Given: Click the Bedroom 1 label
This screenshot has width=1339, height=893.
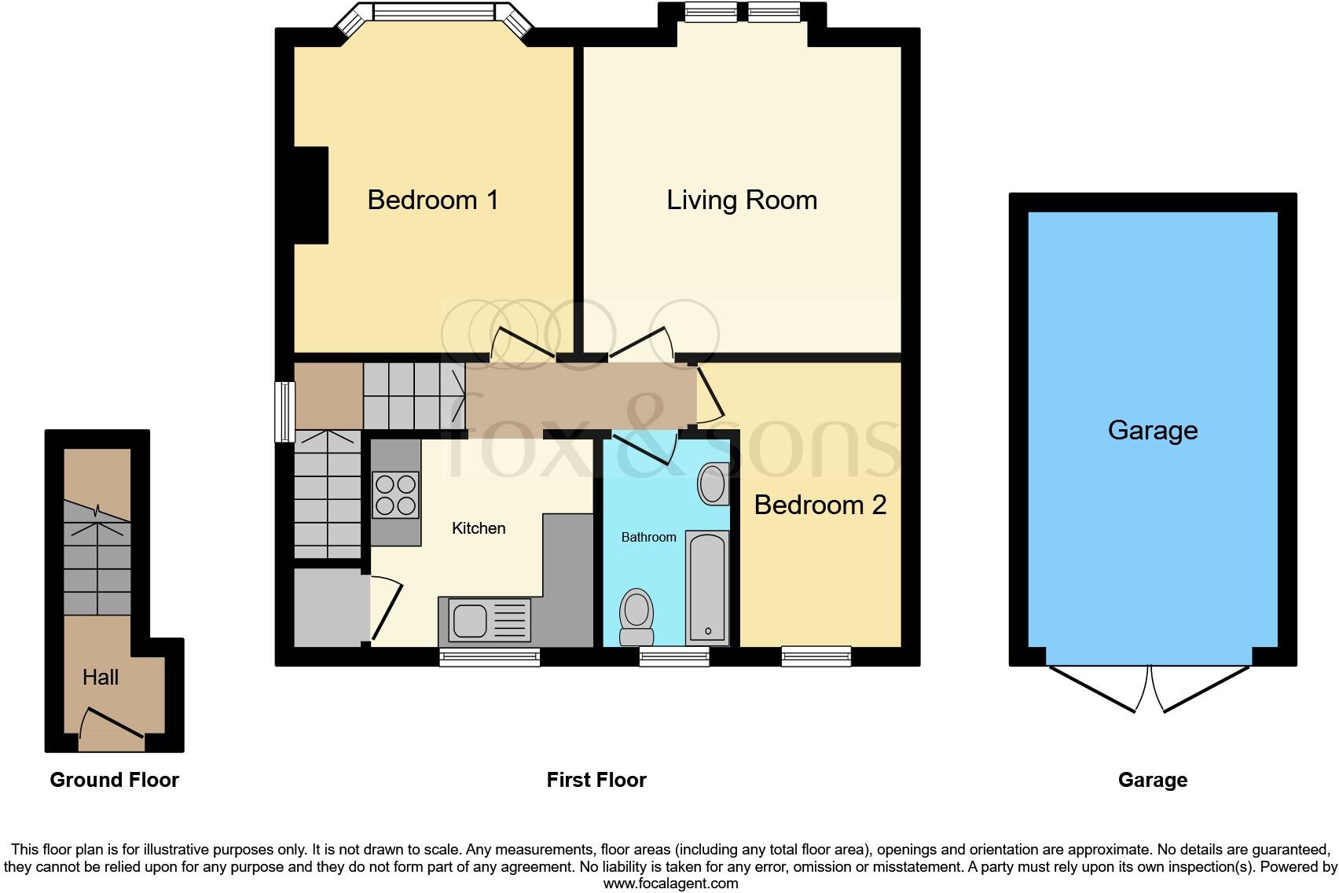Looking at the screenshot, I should click(433, 200).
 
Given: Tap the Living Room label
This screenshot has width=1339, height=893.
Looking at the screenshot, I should click(742, 200).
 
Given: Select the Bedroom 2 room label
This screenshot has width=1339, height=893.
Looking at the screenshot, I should click(820, 505).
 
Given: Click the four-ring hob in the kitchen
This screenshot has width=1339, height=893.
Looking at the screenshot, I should click(395, 494).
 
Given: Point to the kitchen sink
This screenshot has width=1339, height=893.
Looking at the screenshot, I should click(471, 619).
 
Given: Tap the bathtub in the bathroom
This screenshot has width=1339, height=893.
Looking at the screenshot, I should click(707, 586).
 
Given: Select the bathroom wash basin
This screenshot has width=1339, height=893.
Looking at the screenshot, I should click(713, 483).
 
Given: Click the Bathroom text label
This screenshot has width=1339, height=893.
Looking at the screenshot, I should click(648, 538).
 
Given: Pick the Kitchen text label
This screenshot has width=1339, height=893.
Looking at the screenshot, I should click(479, 528).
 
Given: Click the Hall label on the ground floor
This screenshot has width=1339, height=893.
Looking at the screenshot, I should click(101, 678).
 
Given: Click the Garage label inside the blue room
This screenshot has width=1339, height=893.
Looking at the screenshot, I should click(1153, 430).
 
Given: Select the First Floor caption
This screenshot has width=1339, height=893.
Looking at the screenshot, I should click(596, 780).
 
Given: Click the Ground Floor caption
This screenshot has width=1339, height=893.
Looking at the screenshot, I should click(115, 780).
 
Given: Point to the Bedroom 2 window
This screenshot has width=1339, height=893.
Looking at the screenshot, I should click(816, 656).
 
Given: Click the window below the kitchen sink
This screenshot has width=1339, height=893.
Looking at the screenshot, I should click(490, 657).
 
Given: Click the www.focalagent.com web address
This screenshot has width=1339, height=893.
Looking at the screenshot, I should click(670, 884).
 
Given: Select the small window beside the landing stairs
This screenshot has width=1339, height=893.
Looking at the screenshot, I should click(284, 411).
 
